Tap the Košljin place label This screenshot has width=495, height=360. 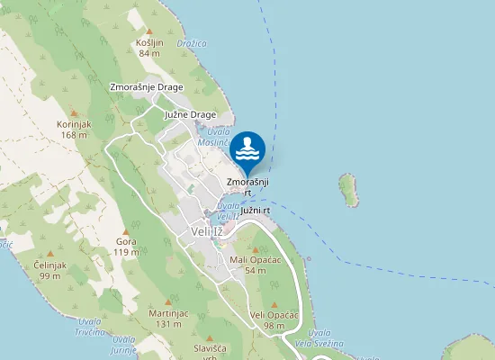[x=149, y=42]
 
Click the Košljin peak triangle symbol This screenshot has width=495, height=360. [x=149, y=31]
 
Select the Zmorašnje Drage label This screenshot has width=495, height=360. [x=146, y=87]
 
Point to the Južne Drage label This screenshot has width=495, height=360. [x=191, y=115]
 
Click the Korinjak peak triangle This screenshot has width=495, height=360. [x=74, y=113]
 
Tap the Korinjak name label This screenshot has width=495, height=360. [x=74, y=124]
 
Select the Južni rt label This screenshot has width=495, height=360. [x=256, y=210]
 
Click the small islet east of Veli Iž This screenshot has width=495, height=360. [x=347, y=189]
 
